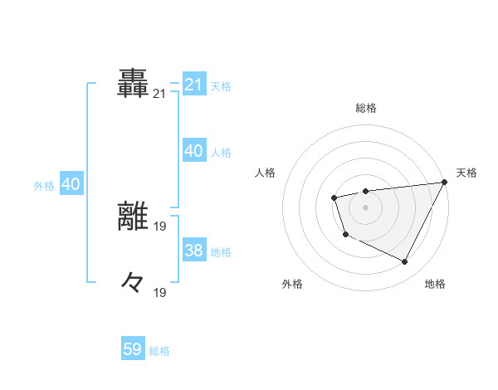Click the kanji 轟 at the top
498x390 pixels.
click(x=134, y=82)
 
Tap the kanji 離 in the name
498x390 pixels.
click(x=134, y=216)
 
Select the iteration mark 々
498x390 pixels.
click(x=134, y=281)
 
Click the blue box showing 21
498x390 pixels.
click(x=193, y=85)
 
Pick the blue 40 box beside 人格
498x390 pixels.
click(x=193, y=151)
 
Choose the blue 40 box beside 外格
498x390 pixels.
click(x=71, y=185)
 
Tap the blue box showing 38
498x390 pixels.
click(x=193, y=251)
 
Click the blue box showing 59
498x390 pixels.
click(x=133, y=349)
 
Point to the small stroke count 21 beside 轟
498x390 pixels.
click(x=159, y=95)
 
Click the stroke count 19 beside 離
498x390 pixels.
click(x=159, y=227)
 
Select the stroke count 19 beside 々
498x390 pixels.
click(x=159, y=292)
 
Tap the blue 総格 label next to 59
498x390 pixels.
click(x=159, y=351)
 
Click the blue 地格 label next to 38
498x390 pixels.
click(x=221, y=252)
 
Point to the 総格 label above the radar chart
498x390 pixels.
click(x=365, y=108)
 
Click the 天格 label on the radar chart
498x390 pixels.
click(x=466, y=173)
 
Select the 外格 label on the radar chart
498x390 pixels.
click(x=292, y=284)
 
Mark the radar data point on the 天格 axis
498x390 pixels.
click(x=444, y=182)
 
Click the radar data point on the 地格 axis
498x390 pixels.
click(x=405, y=262)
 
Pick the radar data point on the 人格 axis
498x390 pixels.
click(x=334, y=197)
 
